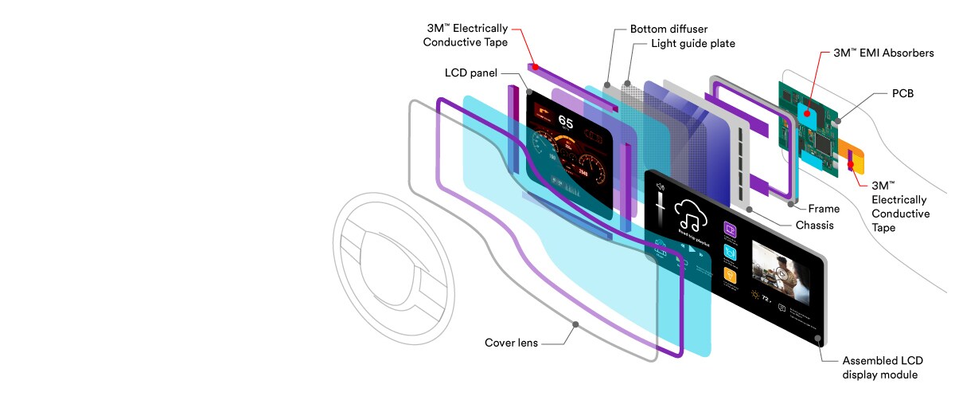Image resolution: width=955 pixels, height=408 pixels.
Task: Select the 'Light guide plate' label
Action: [692, 44]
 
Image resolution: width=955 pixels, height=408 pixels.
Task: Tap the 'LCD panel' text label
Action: [470, 73]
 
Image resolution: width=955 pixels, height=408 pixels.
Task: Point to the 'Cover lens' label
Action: [511, 343]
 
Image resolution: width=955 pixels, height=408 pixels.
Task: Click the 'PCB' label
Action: [902, 94]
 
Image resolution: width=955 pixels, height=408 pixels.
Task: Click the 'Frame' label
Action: [824, 209]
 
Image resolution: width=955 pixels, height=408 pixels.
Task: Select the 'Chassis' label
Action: [814, 226]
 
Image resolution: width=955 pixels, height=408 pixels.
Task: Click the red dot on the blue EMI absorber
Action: [808, 114]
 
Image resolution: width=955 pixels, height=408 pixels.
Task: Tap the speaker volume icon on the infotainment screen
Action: [659, 186]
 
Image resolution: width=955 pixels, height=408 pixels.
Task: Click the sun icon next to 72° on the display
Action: [754, 296]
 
